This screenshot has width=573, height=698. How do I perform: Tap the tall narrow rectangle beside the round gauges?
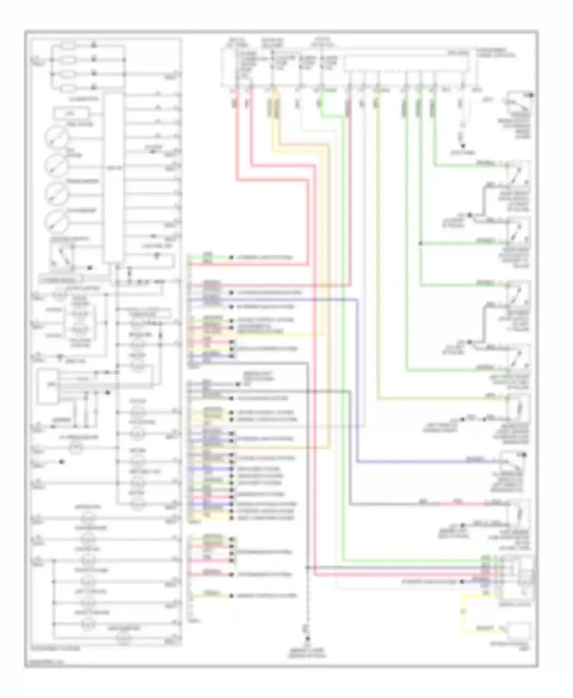coord(114,178)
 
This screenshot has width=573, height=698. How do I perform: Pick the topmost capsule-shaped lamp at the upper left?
coord(69,46)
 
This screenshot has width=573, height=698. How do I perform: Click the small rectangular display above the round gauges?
coord(72,113)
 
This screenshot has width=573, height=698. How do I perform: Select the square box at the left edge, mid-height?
coord(48,386)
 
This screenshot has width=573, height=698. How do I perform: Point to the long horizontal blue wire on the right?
coord(428,462)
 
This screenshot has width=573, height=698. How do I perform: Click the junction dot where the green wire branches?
coord(420,243)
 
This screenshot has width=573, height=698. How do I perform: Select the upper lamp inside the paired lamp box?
coord(80,314)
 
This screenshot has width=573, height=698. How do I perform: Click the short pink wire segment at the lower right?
coord(458,504)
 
